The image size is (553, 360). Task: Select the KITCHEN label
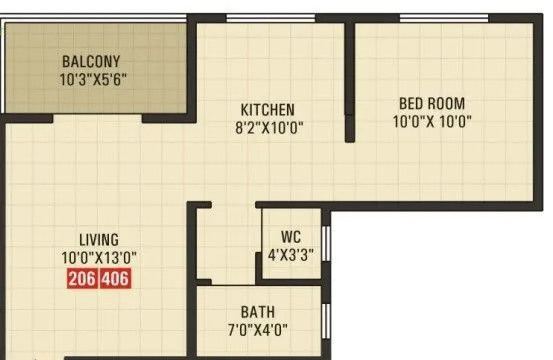[x=267, y=109]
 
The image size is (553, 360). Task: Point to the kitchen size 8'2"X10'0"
[x=267, y=127]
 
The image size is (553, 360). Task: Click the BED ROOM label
[x=432, y=103]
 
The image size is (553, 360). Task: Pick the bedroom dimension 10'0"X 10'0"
[x=432, y=121]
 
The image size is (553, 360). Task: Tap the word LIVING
[x=100, y=240]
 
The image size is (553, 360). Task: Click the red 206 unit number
[x=83, y=280]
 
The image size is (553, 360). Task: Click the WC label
[x=290, y=237]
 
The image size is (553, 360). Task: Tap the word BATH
[x=257, y=312]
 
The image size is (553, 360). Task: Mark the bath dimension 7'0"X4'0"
[x=257, y=330]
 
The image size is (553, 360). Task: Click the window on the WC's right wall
[x=324, y=244]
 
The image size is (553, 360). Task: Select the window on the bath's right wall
[x=324, y=322]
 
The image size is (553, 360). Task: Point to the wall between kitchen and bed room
[x=350, y=80]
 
